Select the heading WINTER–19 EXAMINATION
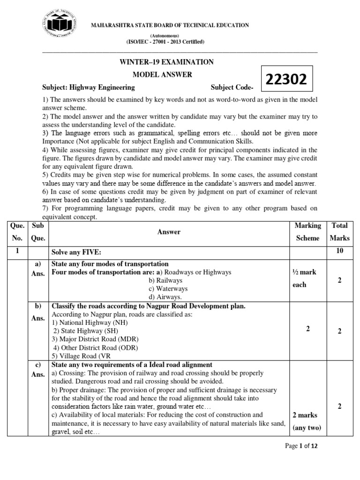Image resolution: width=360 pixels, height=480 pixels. (167, 62)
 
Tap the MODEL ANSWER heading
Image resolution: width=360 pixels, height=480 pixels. (162, 75)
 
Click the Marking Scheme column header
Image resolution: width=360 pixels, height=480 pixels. (307, 232)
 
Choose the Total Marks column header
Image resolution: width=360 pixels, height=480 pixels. (339, 232)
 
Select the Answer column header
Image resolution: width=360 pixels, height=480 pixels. (169, 232)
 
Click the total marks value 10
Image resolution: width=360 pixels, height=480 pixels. (339, 251)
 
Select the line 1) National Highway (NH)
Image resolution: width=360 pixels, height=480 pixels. (90, 322)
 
